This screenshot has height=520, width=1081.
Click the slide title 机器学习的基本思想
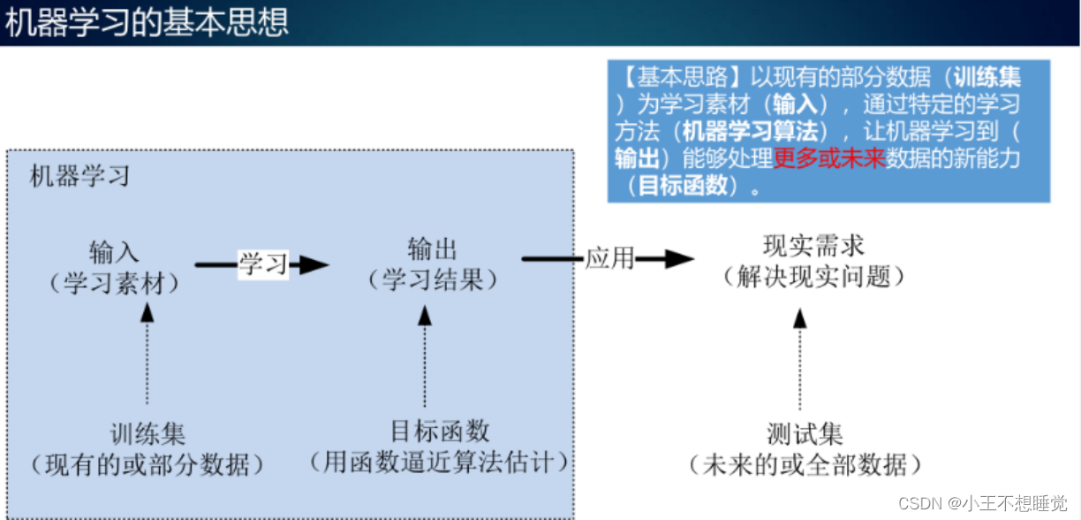tap(147, 23)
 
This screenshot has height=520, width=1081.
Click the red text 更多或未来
tap(829, 159)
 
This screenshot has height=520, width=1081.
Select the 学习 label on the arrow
tap(263, 264)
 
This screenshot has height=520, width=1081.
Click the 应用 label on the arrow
tap(609, 258)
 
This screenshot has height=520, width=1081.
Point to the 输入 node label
tap(114, 252)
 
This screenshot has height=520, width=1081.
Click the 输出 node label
tap(433, 249)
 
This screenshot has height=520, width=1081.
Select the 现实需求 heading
tap(813, 245)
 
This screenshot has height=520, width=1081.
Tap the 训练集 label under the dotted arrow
tap(147, 434)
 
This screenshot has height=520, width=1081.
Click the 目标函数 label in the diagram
tap(440, 431)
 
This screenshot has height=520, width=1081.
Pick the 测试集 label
tap(805, 434)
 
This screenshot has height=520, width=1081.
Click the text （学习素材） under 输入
tap(114, 283)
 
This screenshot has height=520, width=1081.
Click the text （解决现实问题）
tap(813, 277)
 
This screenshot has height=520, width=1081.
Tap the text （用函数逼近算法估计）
tap(440, 461)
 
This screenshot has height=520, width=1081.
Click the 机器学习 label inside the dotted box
tap(79, 175)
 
